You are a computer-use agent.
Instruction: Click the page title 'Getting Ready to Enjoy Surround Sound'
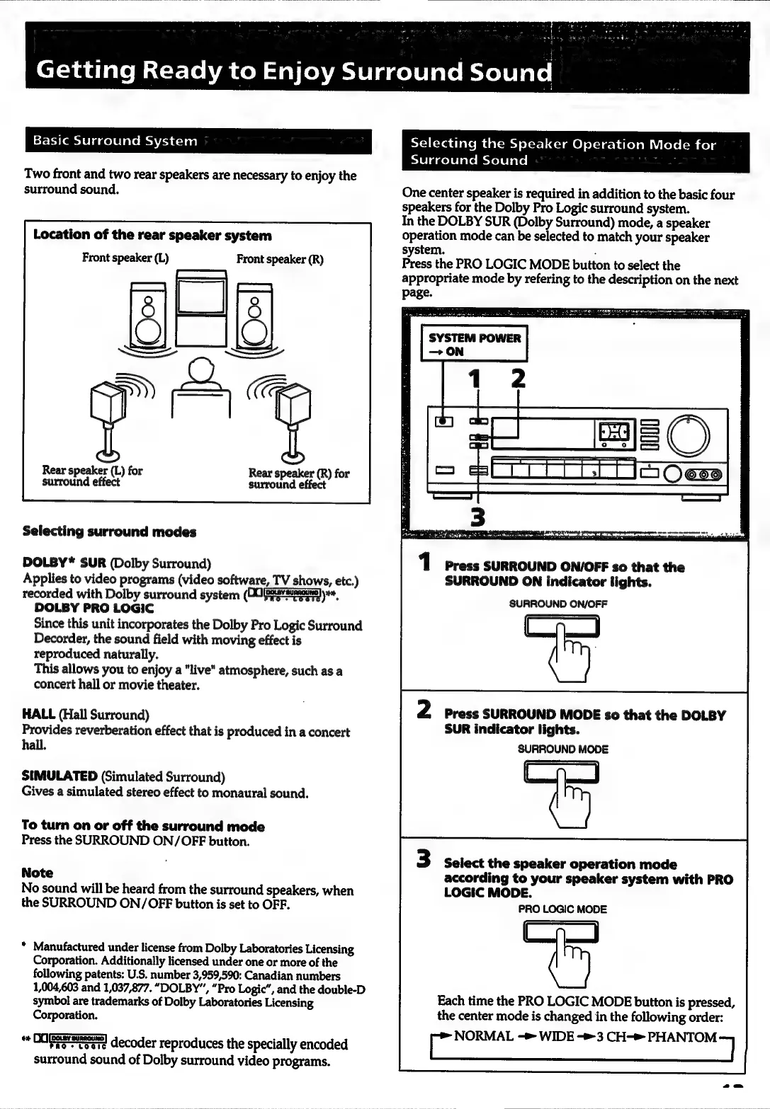tap(295, 72)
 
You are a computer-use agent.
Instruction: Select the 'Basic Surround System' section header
tap(115, 141)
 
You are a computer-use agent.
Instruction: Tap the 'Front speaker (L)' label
tap(125, 258)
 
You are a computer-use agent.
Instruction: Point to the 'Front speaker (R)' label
tap(280, 258)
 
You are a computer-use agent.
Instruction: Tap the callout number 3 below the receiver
tap(478, 517)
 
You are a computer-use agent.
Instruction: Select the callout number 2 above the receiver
tap(519, 379)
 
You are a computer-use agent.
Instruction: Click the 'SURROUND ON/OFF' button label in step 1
tap(558, 604)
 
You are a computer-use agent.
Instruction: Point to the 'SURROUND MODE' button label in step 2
tap(563, 749)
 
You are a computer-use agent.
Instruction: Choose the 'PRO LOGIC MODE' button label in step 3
tap(562, 909)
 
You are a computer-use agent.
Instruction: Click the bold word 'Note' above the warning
tap(38, 873)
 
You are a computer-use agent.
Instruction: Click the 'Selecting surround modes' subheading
tap(109, 531)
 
